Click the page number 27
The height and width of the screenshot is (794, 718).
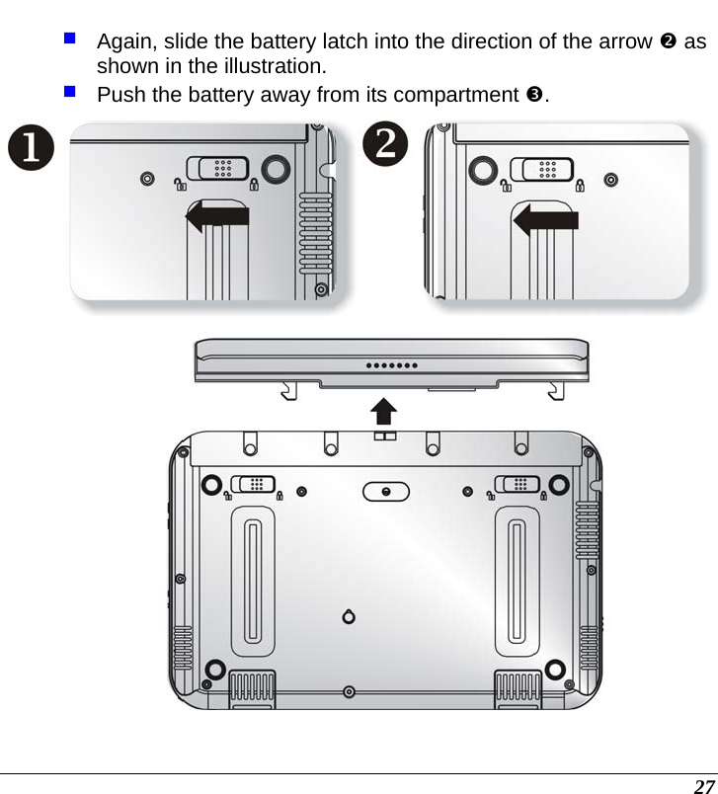click(x=703, y=785)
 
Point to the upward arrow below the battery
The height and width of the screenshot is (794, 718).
click(x=383, y=413)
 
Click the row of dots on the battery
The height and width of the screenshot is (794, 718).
click(x=392, y=364)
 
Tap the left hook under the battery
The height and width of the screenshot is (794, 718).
click(x=287, y=391)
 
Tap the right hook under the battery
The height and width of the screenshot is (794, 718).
click(x=556, y=391)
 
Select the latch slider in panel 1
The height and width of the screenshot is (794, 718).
click(x=218, y=169)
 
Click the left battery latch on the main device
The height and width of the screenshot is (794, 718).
click(x=252, y=484)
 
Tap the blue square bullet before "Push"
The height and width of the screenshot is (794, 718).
click(x=71, y=93)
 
